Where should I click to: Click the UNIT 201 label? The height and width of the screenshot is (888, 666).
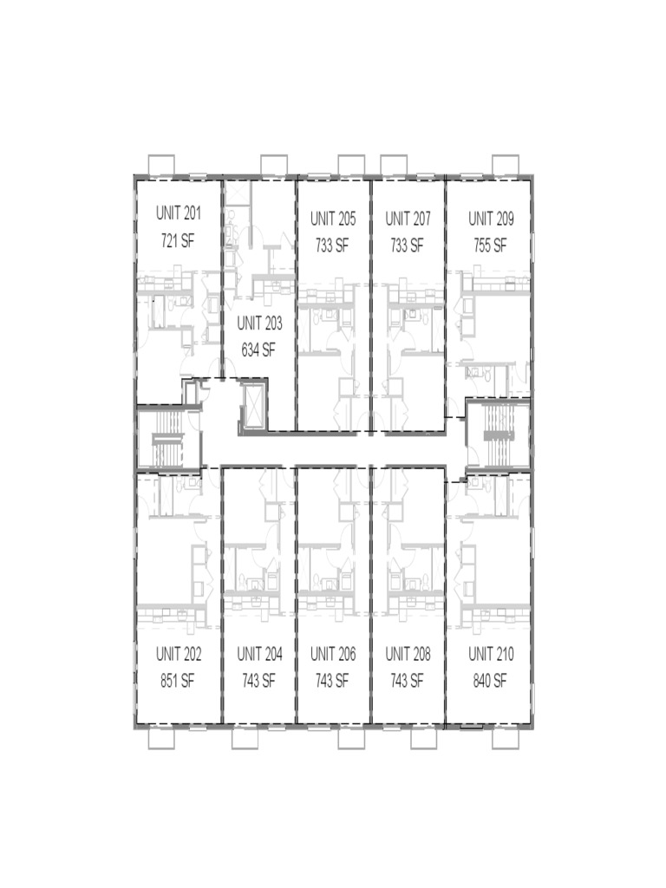pos(179,212)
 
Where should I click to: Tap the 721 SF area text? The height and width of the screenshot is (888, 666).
pos(179,240)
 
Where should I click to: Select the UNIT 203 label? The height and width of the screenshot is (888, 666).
pos(259,323)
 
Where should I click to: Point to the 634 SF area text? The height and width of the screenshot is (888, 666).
pos(258,350)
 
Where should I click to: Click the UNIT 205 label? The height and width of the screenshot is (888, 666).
pos(333,219)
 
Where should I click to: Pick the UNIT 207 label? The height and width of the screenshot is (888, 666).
pos(408,219)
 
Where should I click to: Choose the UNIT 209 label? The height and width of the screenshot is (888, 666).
pos(491,219)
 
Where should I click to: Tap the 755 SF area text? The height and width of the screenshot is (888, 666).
pos(490,245)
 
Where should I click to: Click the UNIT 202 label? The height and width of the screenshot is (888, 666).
pos(179,654)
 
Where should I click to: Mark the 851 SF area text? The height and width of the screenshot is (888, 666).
pos(178,681)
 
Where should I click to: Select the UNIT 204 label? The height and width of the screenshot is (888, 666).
pos(259,654)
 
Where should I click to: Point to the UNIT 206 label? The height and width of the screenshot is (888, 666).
pos(333,654)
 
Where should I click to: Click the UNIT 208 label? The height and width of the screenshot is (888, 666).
pos(408,654)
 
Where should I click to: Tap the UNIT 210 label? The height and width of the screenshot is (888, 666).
pos(491,654)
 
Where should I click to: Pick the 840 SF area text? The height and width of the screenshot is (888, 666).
pos(490,681)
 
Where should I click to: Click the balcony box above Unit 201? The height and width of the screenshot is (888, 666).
pos(161,165)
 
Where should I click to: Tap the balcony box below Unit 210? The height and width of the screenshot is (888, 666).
pos(506,738)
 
